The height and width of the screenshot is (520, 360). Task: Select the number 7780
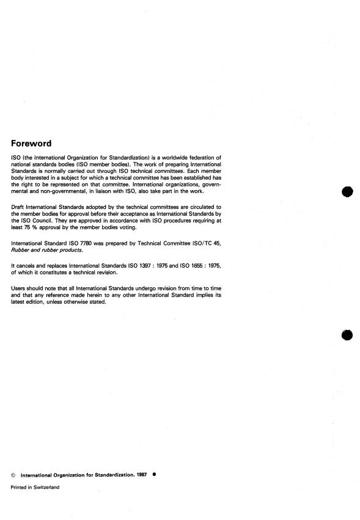coord(86,243)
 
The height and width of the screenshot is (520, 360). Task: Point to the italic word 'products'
coord(82,250)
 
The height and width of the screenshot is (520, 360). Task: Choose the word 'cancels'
coord(27,264)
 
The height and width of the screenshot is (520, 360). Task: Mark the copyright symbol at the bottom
coord(14,474)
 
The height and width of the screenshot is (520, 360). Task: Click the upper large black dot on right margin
coord(348,191)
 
